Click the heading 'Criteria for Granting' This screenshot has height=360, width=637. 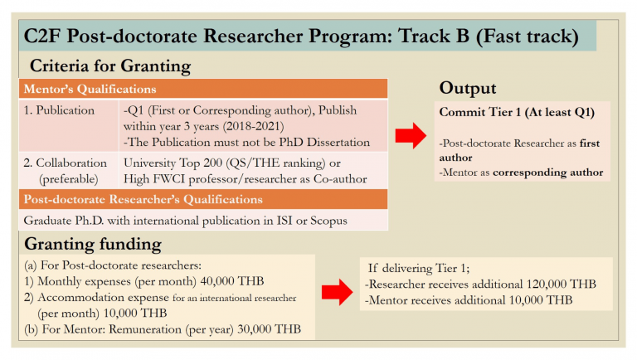110,66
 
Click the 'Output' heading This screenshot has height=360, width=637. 468,89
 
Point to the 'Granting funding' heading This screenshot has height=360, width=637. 93,244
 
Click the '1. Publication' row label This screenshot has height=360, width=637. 60,109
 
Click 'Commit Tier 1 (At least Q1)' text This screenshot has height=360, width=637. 516,111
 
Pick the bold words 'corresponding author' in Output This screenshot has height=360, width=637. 543,173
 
